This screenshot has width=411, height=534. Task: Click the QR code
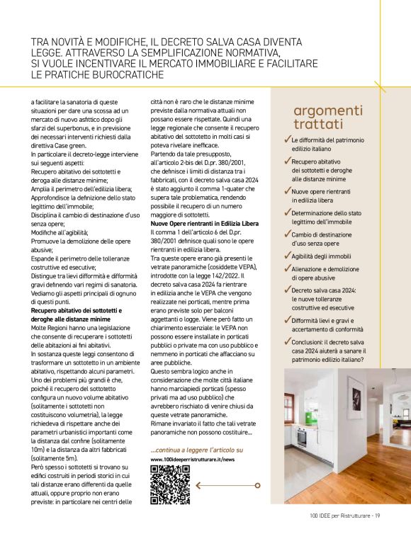tap(170, 484)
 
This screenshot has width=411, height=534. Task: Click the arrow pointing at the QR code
tap(216, 485)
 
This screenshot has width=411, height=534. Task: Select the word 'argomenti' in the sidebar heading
tap(327, 110)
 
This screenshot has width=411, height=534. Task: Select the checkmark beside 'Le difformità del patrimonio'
tap(287, 140)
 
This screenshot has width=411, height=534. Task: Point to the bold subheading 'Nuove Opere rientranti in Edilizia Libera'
tap(204, 224)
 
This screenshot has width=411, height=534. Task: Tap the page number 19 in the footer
tap(378, 515)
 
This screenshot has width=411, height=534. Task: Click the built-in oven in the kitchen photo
tap(301, 436)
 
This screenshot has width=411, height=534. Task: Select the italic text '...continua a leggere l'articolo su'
tap(196, 450)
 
